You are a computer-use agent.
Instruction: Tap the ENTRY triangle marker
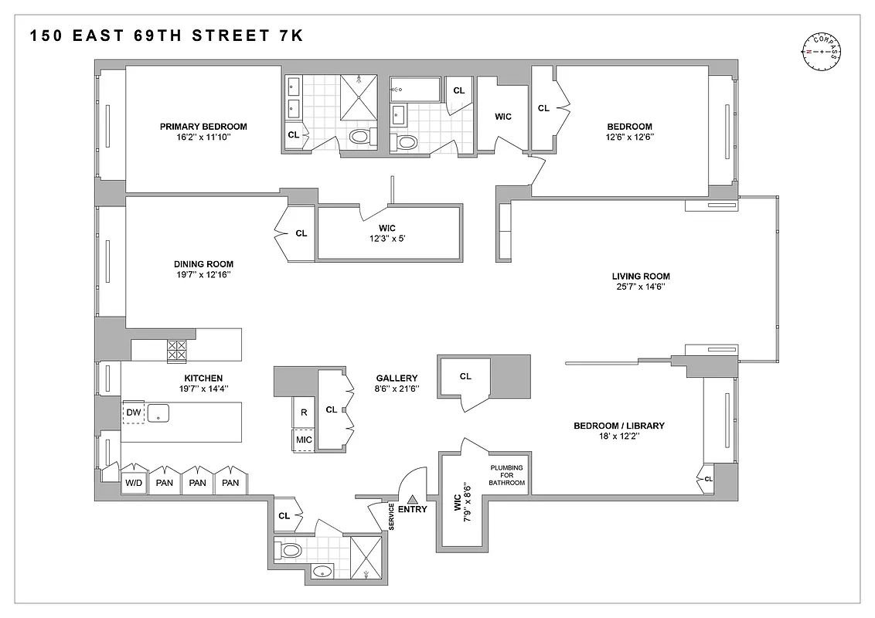click(x=412, y=499)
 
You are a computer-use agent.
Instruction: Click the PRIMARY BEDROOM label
click(x=203, y=127)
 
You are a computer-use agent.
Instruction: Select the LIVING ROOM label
click(x=640, y=276)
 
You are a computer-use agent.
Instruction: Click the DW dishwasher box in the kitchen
click(x=134, y=413)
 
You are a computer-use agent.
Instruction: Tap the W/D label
click(x=134, y=483)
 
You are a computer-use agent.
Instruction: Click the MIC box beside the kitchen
click(x=304, y=440)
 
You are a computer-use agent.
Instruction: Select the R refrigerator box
click(x=304, y=413)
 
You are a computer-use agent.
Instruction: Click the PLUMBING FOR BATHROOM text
click(x=506, y=475)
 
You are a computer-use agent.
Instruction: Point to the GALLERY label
click(x=399, y=379)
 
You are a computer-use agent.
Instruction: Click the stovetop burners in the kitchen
click(x=177, y=351)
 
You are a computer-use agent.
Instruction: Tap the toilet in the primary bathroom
click(x=360, y=138)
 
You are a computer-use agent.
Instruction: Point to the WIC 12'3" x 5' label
click(x=387, y=233)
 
